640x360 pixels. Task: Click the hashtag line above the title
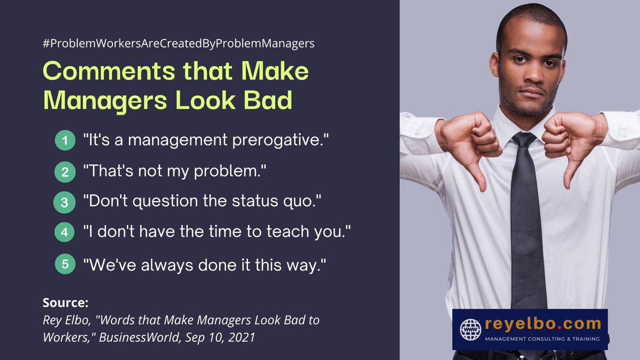pos(179,44)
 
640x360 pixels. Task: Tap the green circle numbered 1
pos(65,141)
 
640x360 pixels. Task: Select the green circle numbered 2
pos(65,172)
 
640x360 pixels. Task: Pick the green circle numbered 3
pos(65,203)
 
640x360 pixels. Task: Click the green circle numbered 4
pos(65,233)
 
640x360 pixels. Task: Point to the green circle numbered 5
pos(65,264)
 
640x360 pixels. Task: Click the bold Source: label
pos(65,303)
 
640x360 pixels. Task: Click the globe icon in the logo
pos(470,329)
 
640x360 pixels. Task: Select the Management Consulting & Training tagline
pos(541,339)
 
